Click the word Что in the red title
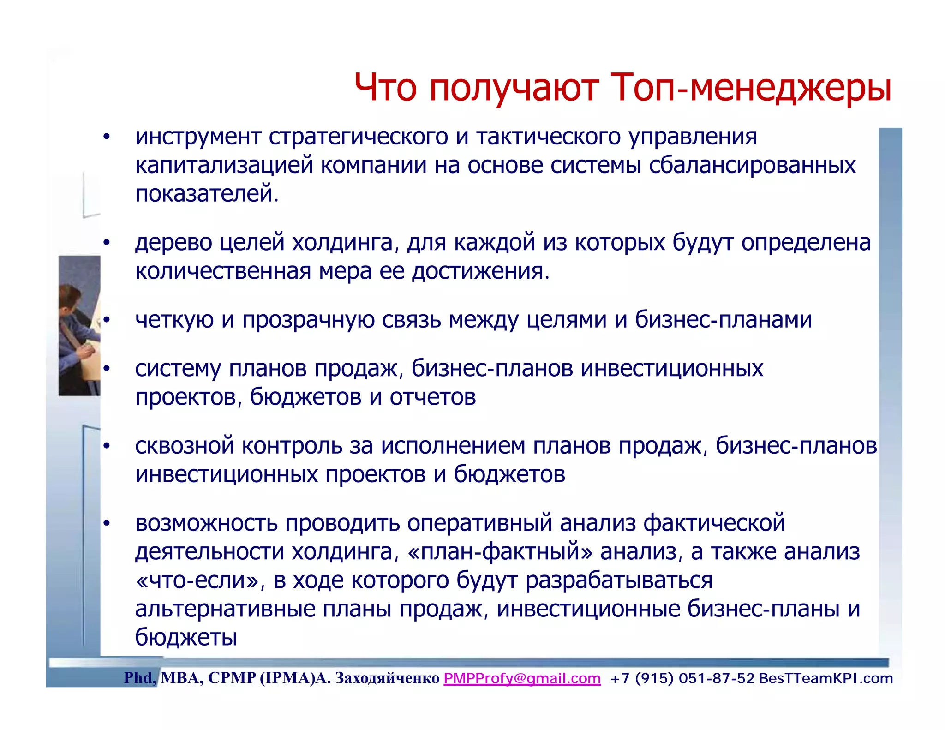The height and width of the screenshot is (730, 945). pyautogui.click(x=385, y=88)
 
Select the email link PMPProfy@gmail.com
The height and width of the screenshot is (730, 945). pyautogui.click(x=522, y=678)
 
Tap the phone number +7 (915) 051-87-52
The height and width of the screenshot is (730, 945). pyautogui.click(x=682, y=678)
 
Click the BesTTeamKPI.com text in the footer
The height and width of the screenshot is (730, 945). pyautogui.click(x=825, y=678)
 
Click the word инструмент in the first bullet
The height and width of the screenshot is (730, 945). pyautogui.click(x=199, y=137)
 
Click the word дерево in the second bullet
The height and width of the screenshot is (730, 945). pyautogui.click(x=173, y=242)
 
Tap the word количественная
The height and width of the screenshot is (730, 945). pyautogui.click(x=222, y=271)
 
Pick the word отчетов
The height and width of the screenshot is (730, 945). pyautogui.click(x=432, y=397)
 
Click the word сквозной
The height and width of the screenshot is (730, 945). pyautogui.click(x=184, y=446)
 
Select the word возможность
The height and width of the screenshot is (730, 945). pyautogui.click(x=206, y=523)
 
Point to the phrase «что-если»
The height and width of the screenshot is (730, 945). pyautogui.click(x=198, y=580)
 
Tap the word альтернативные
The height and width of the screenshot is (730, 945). pyautogui.click(x=224, y=609)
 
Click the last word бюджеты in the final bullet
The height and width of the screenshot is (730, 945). pyautogui.click(x=186, y=638)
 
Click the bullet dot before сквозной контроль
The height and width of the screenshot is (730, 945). pyautogui.click(x=107, y=446)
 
